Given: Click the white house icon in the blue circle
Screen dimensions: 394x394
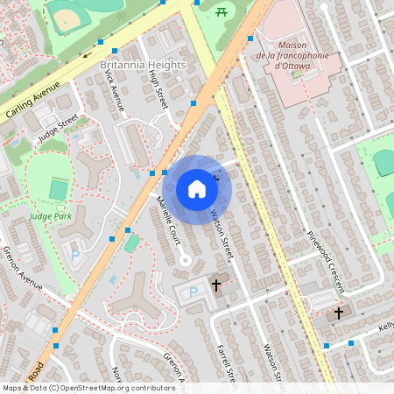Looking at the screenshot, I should click(x=197, y=189).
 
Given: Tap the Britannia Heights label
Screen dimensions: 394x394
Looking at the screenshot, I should click(x=143, y=66).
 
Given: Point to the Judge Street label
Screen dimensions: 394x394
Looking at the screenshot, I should click(x=58, y=128).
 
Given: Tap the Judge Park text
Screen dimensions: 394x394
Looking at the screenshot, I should click(x=50, y=215).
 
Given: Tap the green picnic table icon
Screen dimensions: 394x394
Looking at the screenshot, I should click(x=222, y=11).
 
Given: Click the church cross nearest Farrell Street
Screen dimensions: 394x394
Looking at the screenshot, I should click(x=216, y=285).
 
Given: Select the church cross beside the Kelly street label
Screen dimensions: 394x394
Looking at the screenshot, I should click(x=339, y=313).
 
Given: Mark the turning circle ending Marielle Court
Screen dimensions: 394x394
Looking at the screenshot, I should click(x=185, y=260).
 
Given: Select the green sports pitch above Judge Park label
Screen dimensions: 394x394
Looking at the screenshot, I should click(x=59, y=189).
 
